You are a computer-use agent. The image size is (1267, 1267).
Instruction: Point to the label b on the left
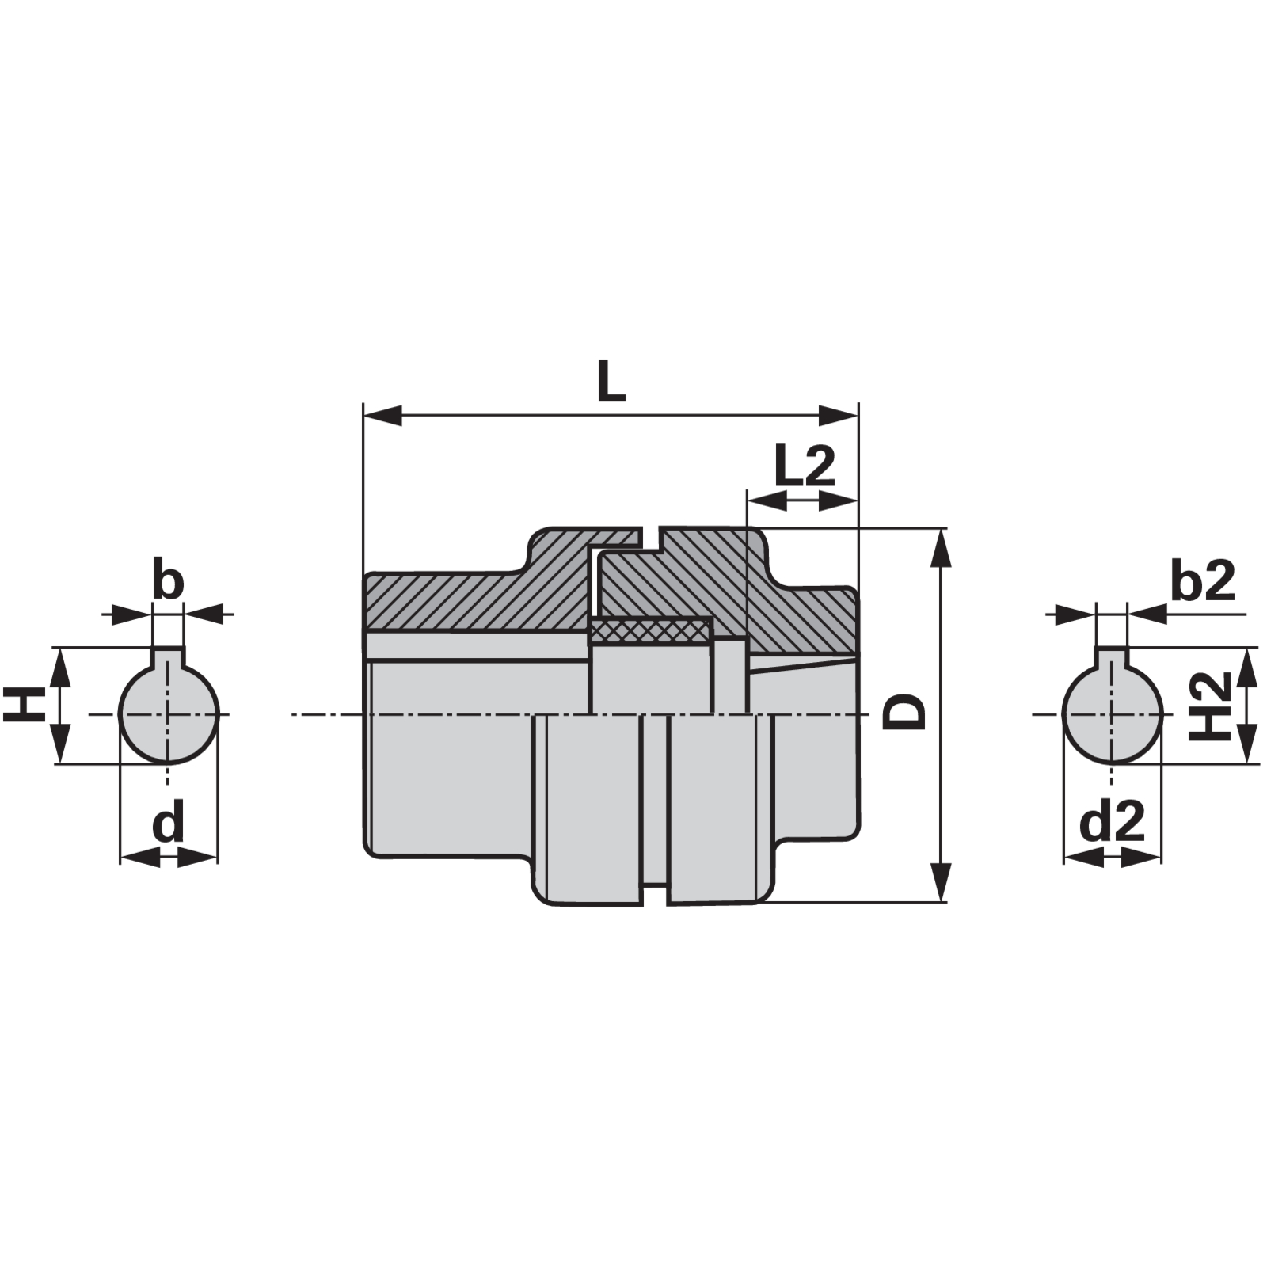[167, 580]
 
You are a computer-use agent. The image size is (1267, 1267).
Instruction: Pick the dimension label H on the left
[23, 704]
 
